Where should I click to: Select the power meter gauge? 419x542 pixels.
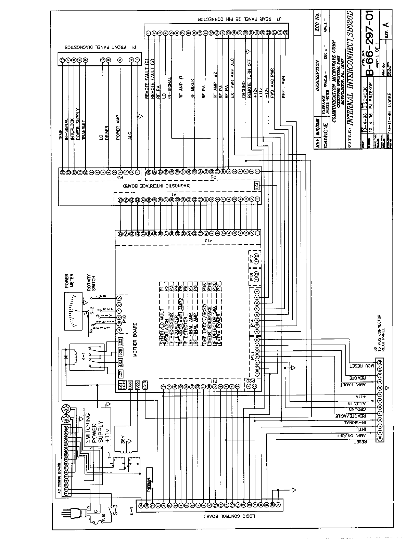(73, 312)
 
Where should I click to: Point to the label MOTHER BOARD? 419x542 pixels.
(135, 340)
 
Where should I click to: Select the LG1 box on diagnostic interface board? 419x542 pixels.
(257, 185)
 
